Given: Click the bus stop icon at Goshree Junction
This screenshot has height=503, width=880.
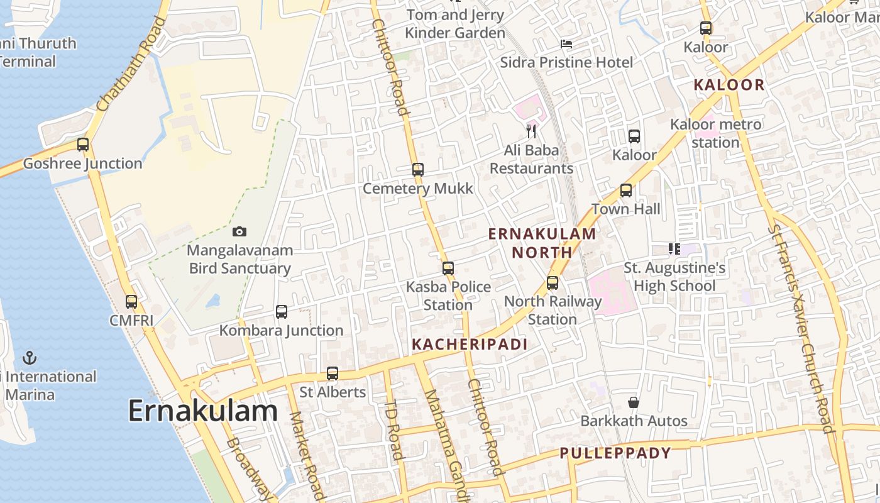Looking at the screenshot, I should tap(83, 145).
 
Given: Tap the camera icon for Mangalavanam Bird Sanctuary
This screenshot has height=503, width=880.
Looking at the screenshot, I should tap(239, 231).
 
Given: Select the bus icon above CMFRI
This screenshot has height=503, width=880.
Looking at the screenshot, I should tap(131, 302).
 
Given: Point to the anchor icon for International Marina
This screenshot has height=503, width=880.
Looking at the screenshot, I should tap(30, 358).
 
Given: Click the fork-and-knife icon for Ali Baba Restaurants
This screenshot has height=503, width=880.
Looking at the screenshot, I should tap(532, 131).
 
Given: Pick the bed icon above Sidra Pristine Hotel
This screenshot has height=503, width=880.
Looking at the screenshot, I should tap(566, 44).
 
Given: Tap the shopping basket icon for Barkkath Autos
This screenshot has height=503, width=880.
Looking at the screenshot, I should tap(634, 402).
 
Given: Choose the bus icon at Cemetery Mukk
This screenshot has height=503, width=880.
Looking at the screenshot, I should tap(418, 170).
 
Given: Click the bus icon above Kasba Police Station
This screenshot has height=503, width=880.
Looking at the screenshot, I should tap(448, 268).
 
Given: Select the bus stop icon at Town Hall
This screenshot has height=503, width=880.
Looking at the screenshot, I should tap(626, 191).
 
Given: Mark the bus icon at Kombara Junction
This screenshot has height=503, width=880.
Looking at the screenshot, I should tap(282, 312).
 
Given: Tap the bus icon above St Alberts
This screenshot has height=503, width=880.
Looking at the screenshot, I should tap(333, 373).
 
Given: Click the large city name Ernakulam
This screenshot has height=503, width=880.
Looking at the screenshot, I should tap(203, 411).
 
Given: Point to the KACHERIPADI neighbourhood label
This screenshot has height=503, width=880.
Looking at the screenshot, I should tap(470, 344).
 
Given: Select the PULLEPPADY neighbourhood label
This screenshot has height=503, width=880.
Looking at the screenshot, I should tap(615, 453).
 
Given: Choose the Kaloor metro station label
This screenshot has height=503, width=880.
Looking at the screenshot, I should tap(716, 133).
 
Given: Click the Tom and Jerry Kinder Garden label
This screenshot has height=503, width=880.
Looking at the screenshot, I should tap(455, 24).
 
